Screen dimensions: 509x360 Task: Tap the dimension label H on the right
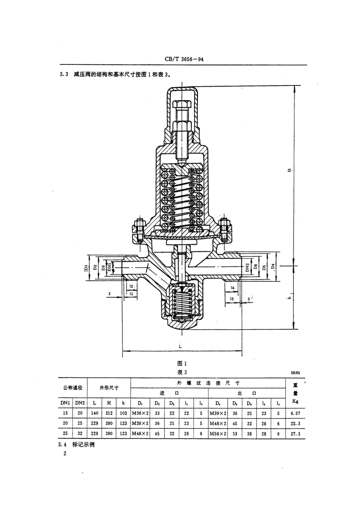[x=289, y=171]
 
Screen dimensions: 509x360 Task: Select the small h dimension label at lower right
[x=289, y=298]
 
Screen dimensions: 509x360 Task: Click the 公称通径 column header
[x=72, y=388]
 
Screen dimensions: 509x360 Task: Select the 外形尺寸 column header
[x=109, y=388]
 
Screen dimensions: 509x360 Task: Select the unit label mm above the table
[x=295, y=373]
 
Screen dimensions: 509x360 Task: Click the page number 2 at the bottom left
[x=65, y=453]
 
